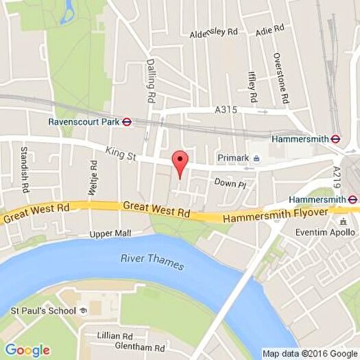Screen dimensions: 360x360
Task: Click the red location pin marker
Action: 180,163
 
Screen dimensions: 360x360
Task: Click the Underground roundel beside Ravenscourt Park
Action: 127,122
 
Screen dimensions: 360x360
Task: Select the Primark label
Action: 233,158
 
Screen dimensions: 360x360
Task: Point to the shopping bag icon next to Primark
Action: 256,158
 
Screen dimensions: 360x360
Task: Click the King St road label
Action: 121,154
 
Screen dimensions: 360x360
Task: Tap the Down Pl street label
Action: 230,183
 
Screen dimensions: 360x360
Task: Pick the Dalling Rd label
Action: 150,81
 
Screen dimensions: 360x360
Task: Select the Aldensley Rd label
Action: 213,32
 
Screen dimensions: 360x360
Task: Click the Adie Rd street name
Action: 269,30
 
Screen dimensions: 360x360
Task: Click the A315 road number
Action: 225,109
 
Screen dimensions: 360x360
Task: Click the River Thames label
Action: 152,261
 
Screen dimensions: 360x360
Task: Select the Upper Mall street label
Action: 110,234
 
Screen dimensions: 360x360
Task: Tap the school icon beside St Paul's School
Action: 84,311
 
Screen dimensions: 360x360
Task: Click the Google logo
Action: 27,350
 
